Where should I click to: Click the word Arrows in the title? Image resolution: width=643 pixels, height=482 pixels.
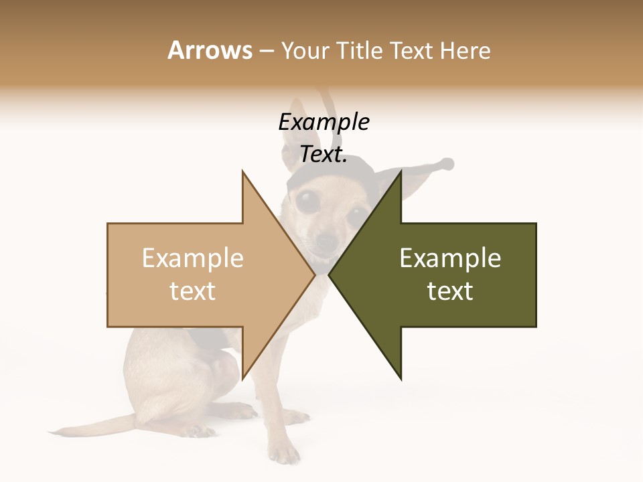click(x=209, y=50)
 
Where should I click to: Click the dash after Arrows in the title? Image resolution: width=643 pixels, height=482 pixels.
click(x=266, y=51)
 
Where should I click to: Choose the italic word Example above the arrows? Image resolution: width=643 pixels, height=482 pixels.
click(x=324, y=123)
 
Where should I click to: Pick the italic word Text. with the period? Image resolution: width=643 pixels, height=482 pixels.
click(x=324, y=155)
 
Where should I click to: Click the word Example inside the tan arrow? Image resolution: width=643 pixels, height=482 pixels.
click(x=192, y=258)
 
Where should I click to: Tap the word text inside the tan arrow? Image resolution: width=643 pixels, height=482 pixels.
click(x=192, y=291)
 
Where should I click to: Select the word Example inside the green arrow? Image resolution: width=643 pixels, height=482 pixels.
click(x=450, y=258)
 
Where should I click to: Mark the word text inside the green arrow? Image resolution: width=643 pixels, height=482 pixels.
click(x=450, y=291)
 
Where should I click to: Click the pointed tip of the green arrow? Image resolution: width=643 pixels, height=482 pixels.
click(x=330, y=274)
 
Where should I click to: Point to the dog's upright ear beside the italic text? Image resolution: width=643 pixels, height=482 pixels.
click(x=291, y=147)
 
